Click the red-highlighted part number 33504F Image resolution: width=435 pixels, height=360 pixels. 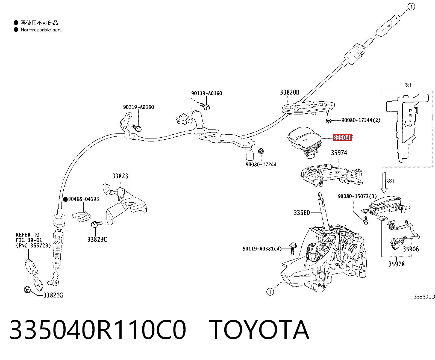pyautogui.click(x=342, y=137)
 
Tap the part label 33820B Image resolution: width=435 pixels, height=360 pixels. pyautogui.click(x=290, y=92)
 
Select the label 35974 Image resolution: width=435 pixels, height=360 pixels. pyautogui.click(x=339, y=153)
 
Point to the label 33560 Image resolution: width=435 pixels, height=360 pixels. pyautogui.click(x=302, y=213)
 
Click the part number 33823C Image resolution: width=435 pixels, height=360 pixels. pyautogui.click(x=97, y=239)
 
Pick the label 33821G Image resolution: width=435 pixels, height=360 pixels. pyautogui.click(x=53, y=295)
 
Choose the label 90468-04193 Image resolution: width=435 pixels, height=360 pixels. pyautogui.click(x=84, y=199)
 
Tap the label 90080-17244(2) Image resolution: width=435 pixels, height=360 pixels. pyautogui.click(x=361, y=120)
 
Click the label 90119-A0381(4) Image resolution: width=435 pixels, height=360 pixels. pyautogui.click(x=262, y=249)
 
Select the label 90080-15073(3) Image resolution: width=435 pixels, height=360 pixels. pyautogui.click(x=357, y=196)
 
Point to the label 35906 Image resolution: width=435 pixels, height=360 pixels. pyautogui.click(x=411, y=249)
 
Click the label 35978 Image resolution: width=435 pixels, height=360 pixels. pyautogui.click(x=396, y=264)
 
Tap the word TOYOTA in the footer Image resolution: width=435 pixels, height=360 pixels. pyautogui.click(x=259, y=330)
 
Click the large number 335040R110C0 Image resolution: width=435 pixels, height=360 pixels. pyautogui.click(x=98, y=330)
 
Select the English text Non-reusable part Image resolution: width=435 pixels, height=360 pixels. pyautogui.click(x=41, y=30)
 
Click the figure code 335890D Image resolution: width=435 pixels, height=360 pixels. pyautogui.click(x=424, y=296)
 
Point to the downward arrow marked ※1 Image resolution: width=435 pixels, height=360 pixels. pyautogui.click(x=384, y=183)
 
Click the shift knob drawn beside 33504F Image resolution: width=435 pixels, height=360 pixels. pyautogui.click(x=304, y=143)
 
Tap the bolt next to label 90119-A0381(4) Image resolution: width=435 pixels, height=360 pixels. pyautogui.click(x=293, y=248)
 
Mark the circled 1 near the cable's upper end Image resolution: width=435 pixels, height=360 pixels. pyautogui.click(x=411, y=7)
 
